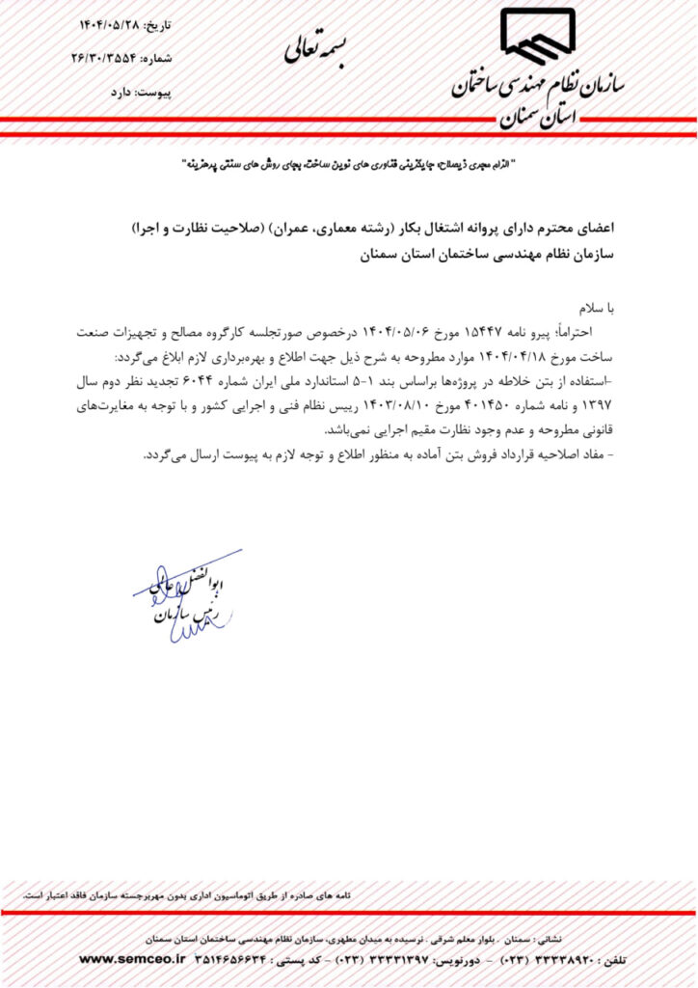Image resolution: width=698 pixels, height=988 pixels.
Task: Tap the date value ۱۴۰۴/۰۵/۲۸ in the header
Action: [x=112, y=21]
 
